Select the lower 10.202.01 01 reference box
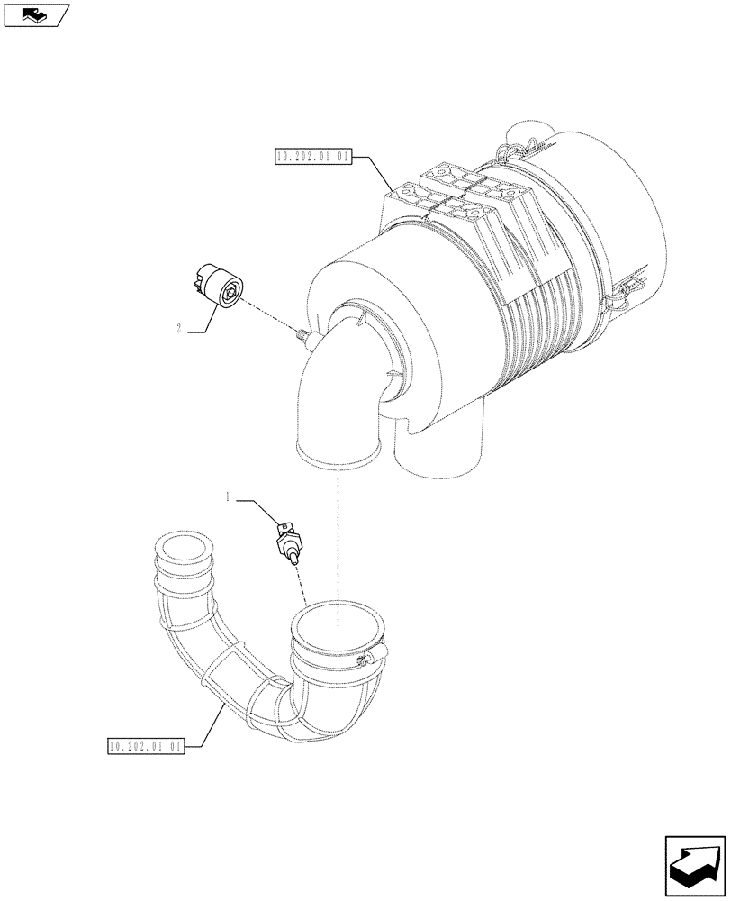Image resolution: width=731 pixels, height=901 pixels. coord(145,746)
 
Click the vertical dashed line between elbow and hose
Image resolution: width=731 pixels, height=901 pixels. coord(337,541)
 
